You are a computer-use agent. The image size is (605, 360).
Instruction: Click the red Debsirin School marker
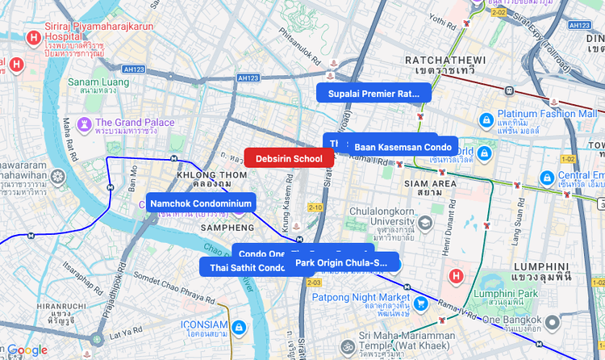click(289, 158)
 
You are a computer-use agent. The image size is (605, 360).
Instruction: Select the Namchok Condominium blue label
click(201, 203)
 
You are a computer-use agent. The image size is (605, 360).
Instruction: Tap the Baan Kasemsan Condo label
click(403, 147)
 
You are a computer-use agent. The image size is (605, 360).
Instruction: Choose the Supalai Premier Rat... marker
click(373, 93)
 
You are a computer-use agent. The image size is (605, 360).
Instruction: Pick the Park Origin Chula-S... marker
click(345, 262)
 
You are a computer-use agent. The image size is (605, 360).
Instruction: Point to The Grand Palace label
click(135, 123)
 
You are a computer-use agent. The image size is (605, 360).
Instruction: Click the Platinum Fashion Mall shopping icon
click(486, 119)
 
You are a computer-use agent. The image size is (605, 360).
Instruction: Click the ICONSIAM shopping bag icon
click(238, 328)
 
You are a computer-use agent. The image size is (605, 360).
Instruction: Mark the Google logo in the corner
click(27, 350)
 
